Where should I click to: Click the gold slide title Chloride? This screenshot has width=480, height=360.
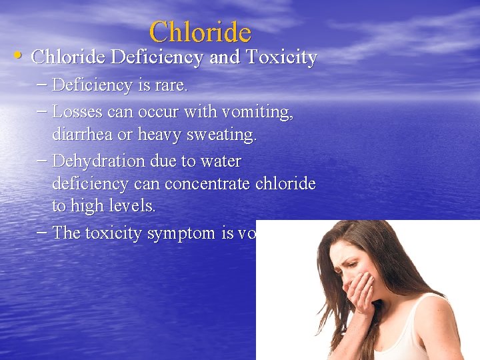coord(200,31)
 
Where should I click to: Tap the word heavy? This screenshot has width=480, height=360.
coord(160,135)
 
